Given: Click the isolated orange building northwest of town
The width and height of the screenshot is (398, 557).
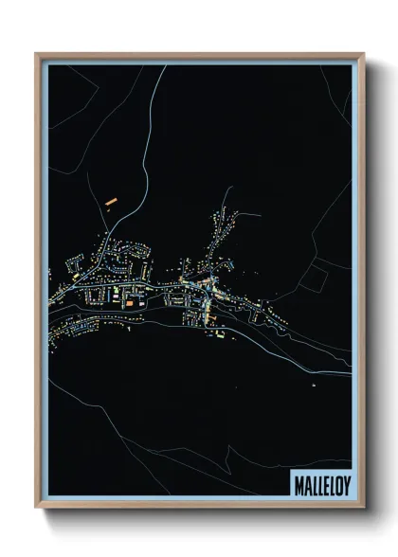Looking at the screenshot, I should pyautogui.click(x=110, y=201).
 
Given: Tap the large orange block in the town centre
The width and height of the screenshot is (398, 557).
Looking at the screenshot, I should pyautogui.click(x=128, y=302).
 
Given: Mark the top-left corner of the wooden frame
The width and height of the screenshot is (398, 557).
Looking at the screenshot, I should pyautogui.click(x=36, y=54).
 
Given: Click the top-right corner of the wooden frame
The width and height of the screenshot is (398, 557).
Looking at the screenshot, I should pyautogui.click(x=363, y=54).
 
